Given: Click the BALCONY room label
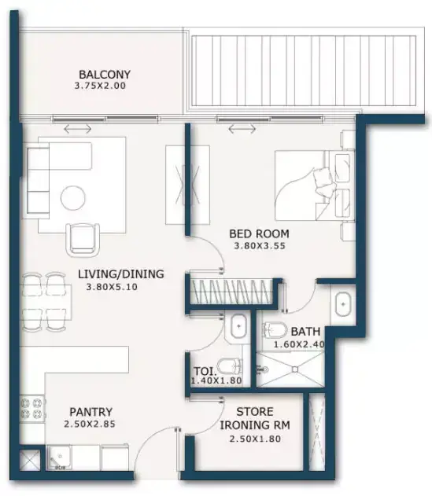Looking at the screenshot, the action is coord(105,75).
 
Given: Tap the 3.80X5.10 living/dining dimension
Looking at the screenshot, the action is coord(112,287).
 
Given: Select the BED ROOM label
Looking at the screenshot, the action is coord(259,234).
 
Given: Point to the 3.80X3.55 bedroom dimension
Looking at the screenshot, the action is coord(260,246).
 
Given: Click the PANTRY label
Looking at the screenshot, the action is coord(91,412).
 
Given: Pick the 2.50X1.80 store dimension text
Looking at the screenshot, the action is coord(255,439).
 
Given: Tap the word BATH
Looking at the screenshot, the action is coord(305,332).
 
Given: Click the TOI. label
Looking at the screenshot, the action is coord(205,371).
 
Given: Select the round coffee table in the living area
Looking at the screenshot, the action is coord(73,197).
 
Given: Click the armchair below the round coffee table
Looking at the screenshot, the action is coord(83,240).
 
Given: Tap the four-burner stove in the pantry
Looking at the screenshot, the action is coord(31,409).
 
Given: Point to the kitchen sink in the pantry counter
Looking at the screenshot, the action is coord(59,457).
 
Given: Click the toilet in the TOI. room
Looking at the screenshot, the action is coord(231,367).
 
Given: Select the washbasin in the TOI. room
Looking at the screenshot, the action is coord(238,325).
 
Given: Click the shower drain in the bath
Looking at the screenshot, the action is coord(295,369).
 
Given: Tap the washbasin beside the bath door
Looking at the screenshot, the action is coord(343,304).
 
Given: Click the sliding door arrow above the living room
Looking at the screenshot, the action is coord(78,129).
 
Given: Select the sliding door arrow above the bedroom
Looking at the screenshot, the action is coord(242,128).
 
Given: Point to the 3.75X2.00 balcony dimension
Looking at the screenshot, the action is coord(100,86).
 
